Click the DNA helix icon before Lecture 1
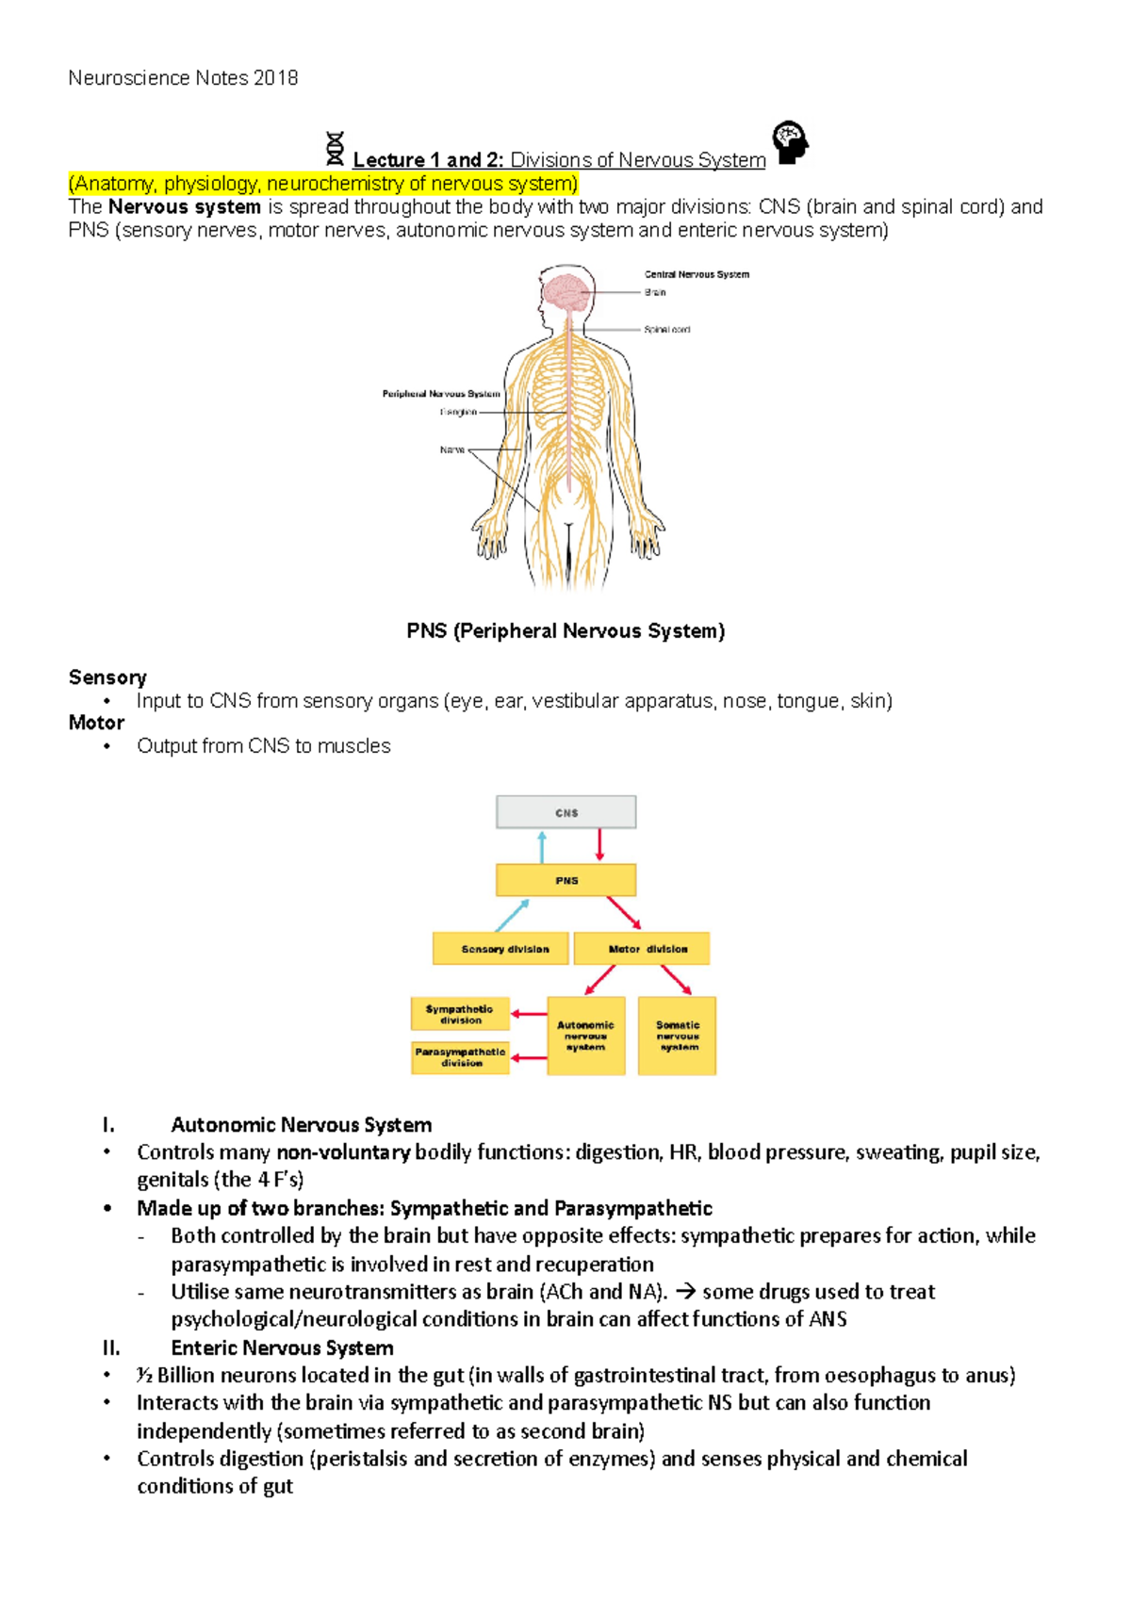[335, 150]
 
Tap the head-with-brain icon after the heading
[791, 142]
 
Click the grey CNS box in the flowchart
[566, 812]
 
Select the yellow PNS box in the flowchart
[566, 880]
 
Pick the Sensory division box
[500, 949]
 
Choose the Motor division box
[642, 949]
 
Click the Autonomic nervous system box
[585, 1036]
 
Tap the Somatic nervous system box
[677, 1036]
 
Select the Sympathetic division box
[460, 1014]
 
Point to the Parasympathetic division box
[460, 1057]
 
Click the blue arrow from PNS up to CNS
[542, 846]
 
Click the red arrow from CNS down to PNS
[599, 845]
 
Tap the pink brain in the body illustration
[567, 291]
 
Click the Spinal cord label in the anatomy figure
[666, 330]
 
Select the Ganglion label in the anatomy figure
[458, 412]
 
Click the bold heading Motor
[96, 723]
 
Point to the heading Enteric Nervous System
[282, 1347]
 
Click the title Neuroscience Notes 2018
[183, 78]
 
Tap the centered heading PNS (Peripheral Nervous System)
[565, 630]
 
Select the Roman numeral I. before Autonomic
[108, 1125]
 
